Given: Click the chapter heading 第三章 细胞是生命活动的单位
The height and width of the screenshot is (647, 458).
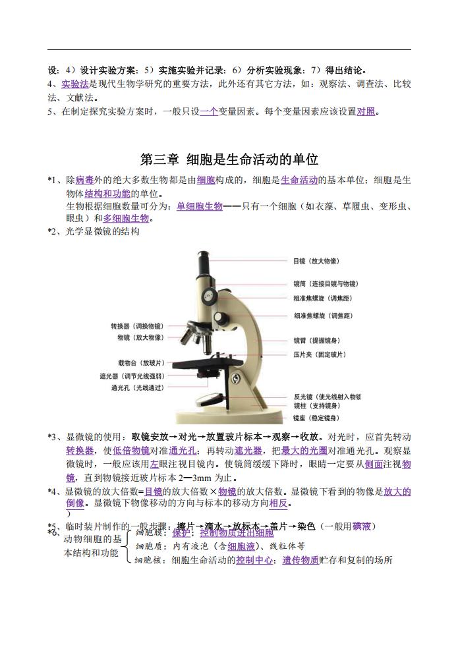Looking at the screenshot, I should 229,159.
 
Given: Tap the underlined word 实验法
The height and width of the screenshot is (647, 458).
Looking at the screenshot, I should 74,84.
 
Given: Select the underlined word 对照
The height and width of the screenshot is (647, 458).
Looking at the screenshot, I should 366,111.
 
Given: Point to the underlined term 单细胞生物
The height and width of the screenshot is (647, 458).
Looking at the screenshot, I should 199,206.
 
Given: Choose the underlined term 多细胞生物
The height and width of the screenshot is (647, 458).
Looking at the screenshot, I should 126,219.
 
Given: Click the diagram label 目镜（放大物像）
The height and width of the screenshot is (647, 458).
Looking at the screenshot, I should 316,262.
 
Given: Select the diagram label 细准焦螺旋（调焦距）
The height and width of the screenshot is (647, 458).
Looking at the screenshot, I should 323,316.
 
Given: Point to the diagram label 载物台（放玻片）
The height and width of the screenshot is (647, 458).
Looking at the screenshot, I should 141,363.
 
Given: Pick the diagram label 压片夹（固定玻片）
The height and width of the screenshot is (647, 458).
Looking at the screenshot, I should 320,355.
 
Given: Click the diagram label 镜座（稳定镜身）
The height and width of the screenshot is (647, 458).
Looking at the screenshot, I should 316,418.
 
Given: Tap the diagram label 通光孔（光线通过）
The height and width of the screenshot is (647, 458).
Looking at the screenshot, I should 137,388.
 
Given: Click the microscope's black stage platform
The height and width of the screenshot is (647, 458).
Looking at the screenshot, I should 211,363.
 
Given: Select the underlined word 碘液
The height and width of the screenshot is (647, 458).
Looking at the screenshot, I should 362,526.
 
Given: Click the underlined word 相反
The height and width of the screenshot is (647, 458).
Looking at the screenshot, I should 279,503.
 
